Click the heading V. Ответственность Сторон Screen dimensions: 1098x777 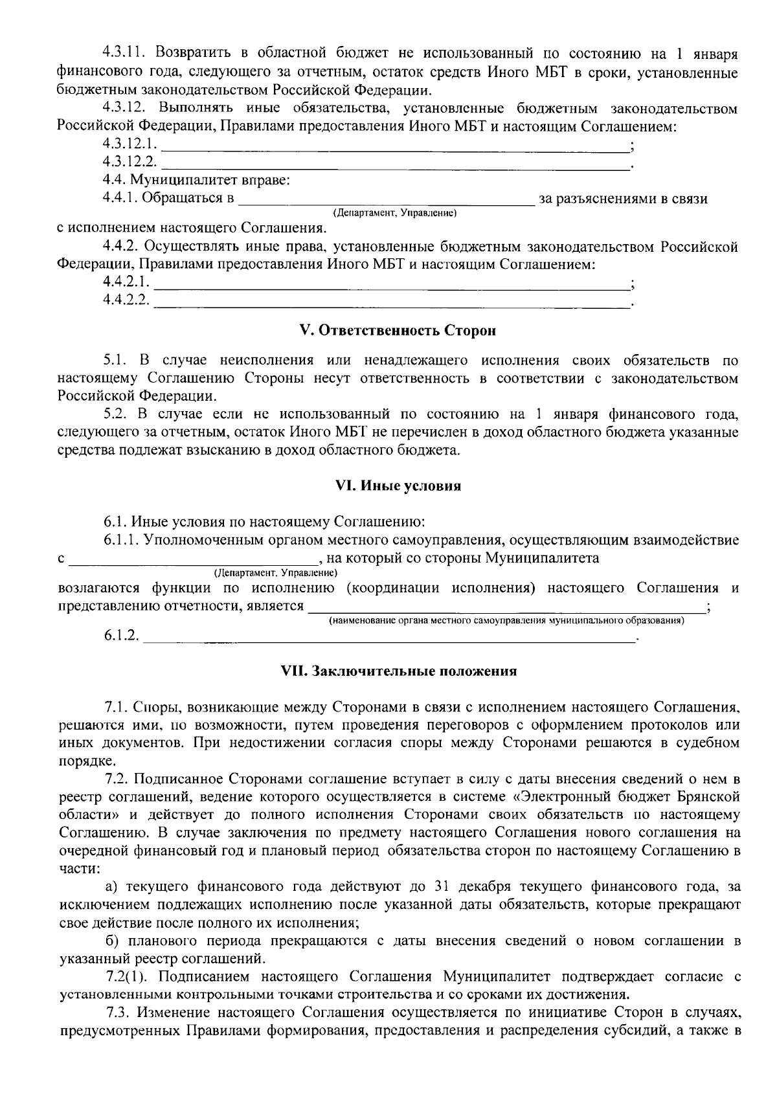click(398, 331)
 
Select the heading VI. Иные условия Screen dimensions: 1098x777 click(398, 486)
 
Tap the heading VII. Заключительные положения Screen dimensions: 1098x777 click(398, 671)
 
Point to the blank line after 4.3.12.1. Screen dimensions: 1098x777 click(395, 146)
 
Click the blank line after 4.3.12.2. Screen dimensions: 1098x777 click(395, 164)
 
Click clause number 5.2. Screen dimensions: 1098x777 click(117, 414)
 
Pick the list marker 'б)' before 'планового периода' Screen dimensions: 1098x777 click(113, 940)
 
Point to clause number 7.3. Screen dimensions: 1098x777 click(118, 1012)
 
